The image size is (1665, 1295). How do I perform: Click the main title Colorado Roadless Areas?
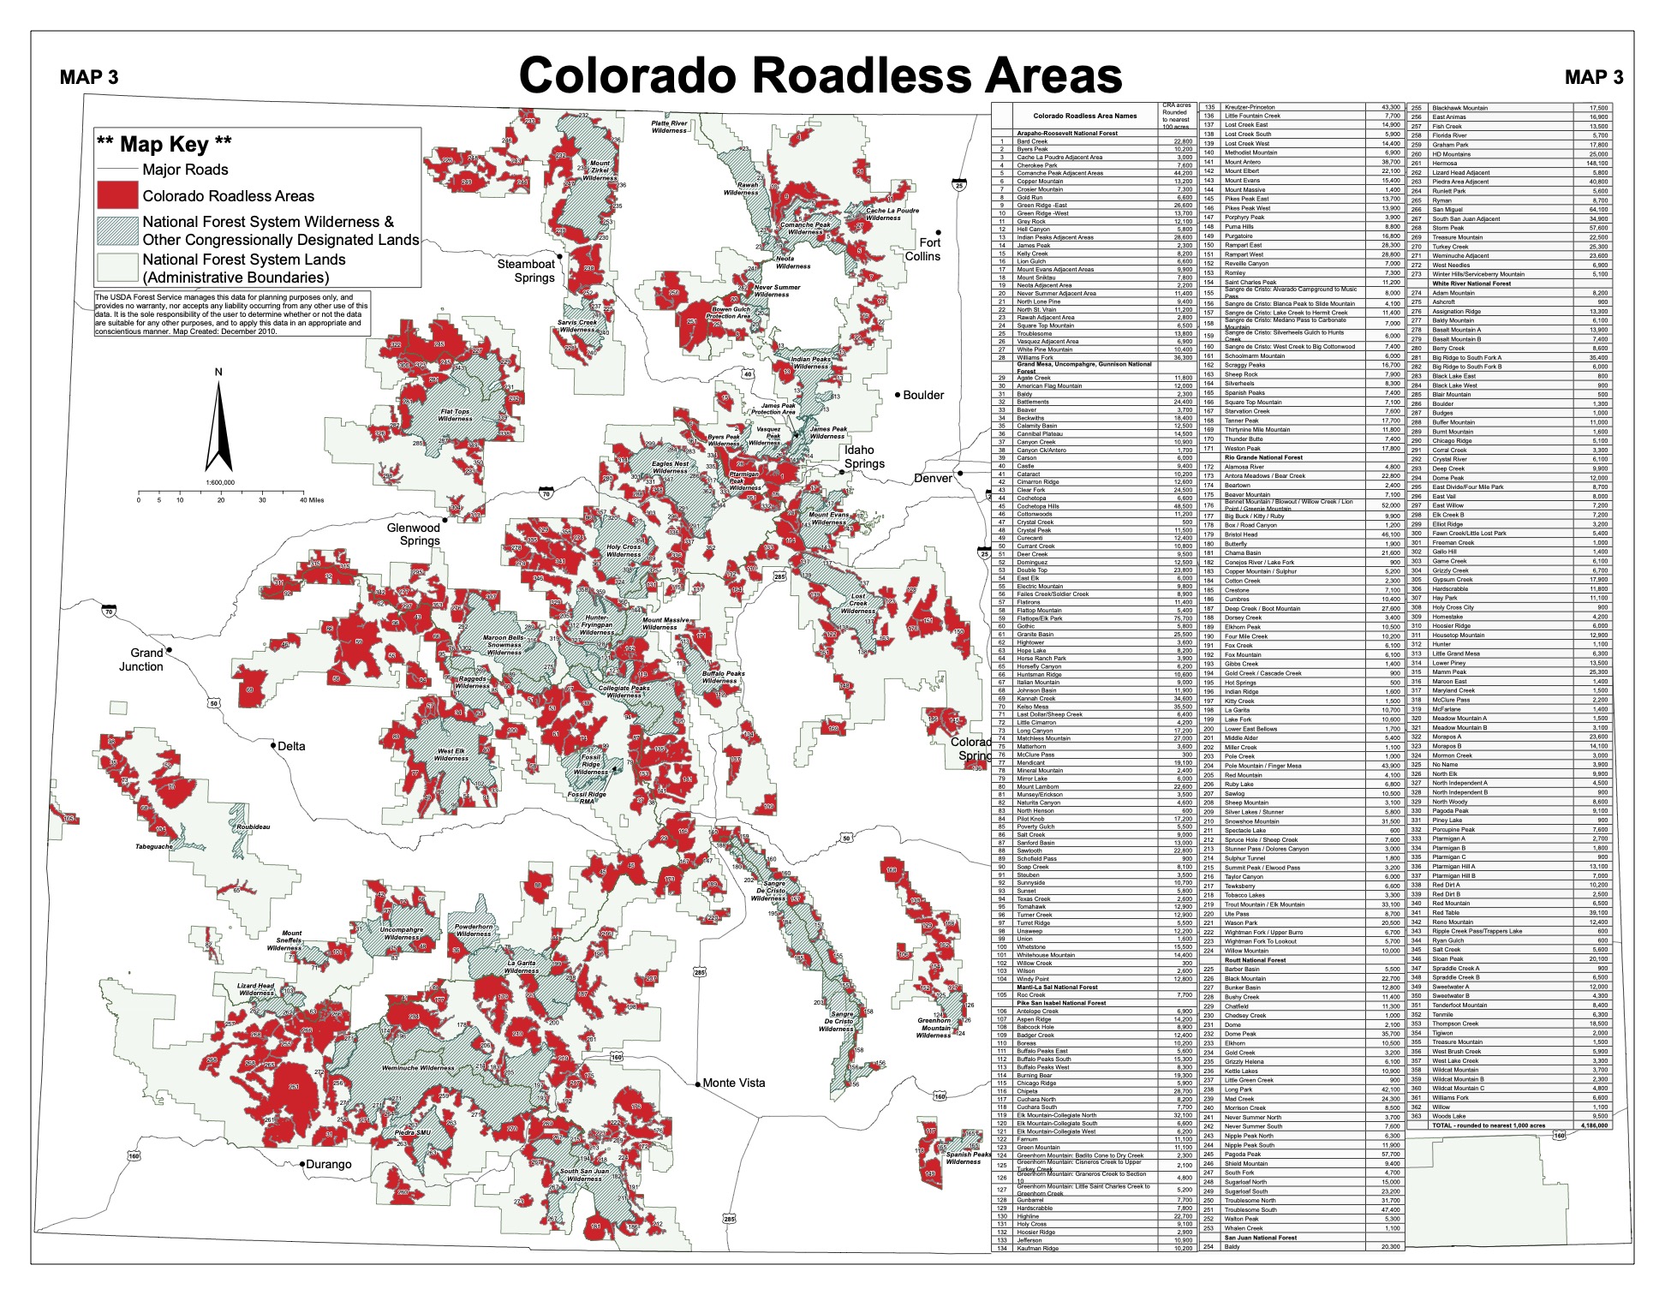(820, 75)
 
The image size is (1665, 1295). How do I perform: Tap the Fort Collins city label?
(922, 249)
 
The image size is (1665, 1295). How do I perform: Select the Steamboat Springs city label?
(526, 271)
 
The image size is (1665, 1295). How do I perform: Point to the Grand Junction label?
(141, 659)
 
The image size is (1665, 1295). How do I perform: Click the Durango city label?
(329, 1164)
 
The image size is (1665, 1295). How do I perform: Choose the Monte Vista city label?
(733, 1083)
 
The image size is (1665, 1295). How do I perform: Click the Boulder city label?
(922, 395)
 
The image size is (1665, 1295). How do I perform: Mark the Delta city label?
(291, 746)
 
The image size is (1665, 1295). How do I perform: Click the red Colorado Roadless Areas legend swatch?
(116, 195)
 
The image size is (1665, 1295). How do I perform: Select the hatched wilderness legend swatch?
(116, 231)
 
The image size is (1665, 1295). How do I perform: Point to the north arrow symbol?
(218, 424)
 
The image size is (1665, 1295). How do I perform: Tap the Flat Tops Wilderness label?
(455, 415)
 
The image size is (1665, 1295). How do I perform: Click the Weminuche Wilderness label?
(418, 1068)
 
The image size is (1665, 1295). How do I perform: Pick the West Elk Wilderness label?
(451, 755)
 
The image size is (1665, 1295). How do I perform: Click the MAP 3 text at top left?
(89, 77)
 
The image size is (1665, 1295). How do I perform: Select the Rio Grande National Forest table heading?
(1263, 457)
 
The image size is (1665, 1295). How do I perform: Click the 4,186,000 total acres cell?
(1592, 1125)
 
